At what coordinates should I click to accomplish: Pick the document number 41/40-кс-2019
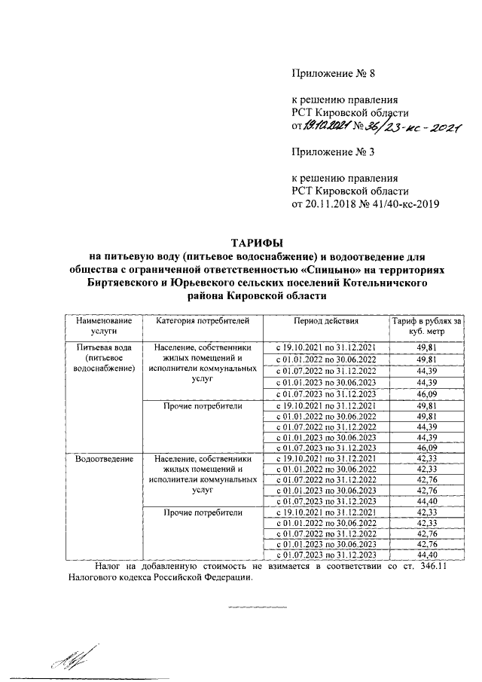click(x=398, y=203)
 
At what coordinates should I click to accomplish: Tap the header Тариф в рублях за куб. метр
click(x=426, y=326)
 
